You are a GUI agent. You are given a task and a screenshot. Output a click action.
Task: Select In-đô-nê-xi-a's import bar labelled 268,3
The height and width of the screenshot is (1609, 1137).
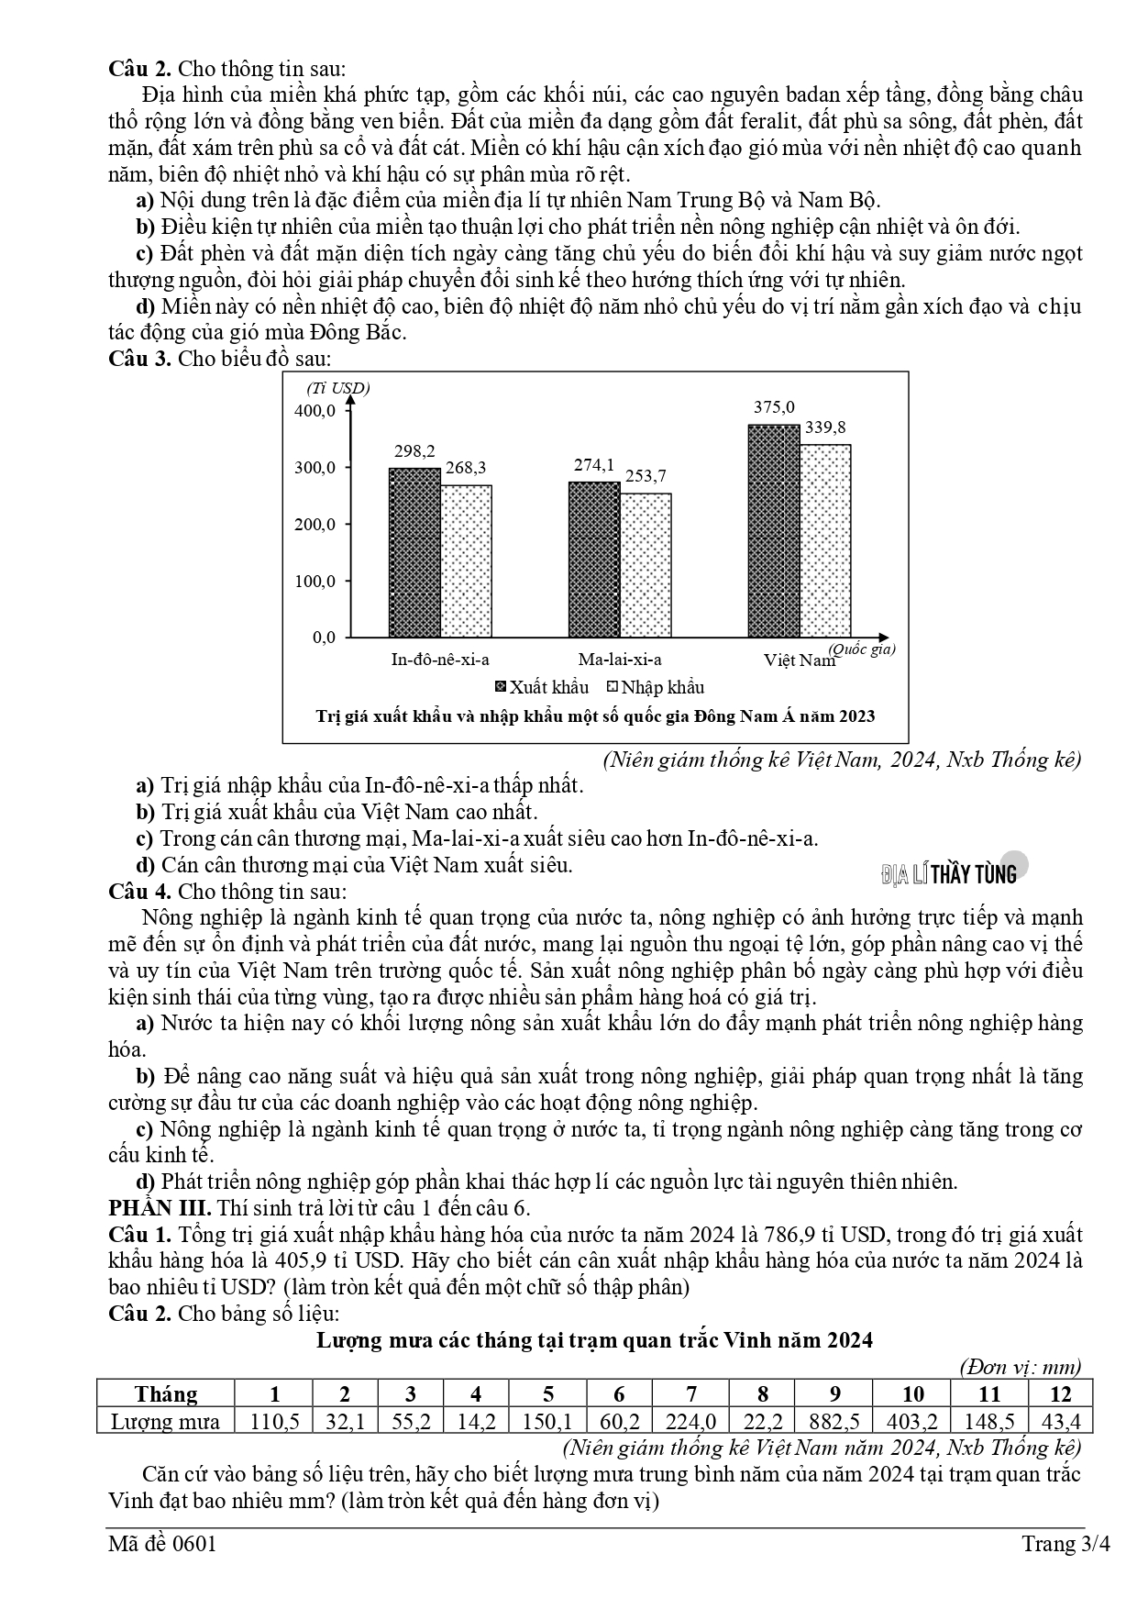pyautogui.click(x=466, y=560)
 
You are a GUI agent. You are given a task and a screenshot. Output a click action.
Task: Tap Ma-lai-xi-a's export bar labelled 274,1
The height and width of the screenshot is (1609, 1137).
pyautogui.click(x=594, y=559)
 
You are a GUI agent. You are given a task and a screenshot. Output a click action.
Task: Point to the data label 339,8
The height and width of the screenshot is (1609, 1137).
pyautogui.click(x=825, y=427)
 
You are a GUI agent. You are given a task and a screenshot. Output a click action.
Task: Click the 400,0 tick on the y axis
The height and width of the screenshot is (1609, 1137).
pyautogui.click(x=315, y=410)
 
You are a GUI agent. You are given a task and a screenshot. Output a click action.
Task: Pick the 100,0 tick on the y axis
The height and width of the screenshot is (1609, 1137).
pyautogui.click(x=315, y=581)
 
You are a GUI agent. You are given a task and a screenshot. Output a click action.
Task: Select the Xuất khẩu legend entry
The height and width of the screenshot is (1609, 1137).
pyautogui.click(x=542, y=687)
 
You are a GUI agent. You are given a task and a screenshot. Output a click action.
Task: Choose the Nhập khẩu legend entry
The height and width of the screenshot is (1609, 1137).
pyautogui.click(x=656, y=687)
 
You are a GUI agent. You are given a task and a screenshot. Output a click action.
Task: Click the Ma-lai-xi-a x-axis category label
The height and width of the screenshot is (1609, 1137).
pyautogui.click(x=620, y=659)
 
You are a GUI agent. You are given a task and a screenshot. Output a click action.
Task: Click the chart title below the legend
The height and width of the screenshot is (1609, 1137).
pyautogui.click(x=595, y=716)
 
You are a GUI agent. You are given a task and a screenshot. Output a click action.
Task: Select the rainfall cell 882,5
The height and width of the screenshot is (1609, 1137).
pyautogui.click(x=834, y=1422)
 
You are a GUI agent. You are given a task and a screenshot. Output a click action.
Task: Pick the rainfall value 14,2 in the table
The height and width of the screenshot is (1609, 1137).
pyautogui.click(x=476, y=1422)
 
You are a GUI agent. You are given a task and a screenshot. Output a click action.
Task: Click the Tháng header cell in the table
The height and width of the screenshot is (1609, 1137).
pyautogui.click(x=166, y=1394)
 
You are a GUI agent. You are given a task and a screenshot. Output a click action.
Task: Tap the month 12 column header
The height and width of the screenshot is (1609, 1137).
pyautogui.click(x=1060, y=1394)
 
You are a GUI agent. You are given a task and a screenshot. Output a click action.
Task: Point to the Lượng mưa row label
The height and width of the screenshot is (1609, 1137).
pyautogui.click(x=166, y=1422)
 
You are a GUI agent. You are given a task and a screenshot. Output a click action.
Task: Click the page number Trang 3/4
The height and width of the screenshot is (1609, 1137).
pyautogui.click(x=1065, y=1544)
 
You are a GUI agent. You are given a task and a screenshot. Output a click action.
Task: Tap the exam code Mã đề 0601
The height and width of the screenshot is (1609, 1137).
pyautogui.click(x=162, y=1544)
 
